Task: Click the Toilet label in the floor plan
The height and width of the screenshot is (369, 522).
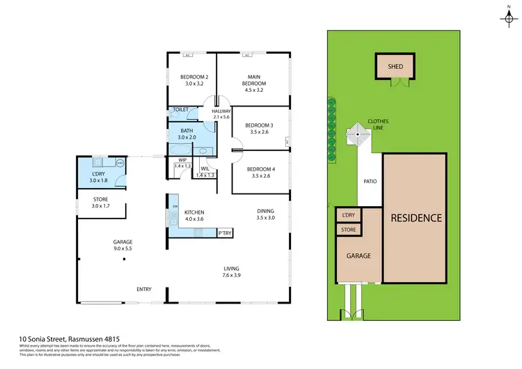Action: tap(181, 110)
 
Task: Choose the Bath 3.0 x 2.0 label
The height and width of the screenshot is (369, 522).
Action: tap(187, 134)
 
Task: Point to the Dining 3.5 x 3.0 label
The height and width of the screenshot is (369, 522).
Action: tap(265, 214)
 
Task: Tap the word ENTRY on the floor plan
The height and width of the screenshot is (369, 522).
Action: tap(144, 289)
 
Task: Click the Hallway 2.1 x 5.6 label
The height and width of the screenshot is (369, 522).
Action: tap(221, 114)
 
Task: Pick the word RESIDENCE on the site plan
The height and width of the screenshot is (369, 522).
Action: tap(415, 218)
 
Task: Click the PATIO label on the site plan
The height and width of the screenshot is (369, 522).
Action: tap(370, 182)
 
